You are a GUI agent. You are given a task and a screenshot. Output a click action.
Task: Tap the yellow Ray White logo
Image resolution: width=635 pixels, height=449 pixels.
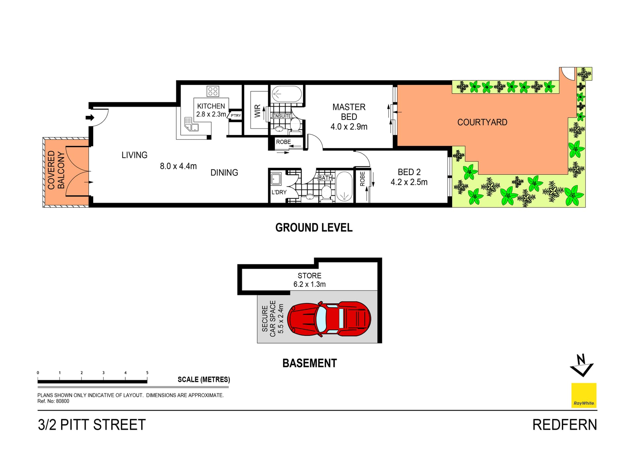pyautogui.click(x=584, y=395)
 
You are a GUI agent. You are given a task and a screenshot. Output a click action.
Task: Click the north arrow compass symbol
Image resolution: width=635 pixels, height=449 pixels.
pyautogui.click(x=582, y=366)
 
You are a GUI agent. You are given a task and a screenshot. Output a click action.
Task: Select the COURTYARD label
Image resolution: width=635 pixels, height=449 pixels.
pyautogui.click(x=482, y=122)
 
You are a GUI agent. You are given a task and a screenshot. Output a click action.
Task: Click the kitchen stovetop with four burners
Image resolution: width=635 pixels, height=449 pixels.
pyautogui.click(x=213, y=91)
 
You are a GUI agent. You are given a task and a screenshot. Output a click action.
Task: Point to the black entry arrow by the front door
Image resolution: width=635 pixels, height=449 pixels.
pyautogui.click(x=90, y=117)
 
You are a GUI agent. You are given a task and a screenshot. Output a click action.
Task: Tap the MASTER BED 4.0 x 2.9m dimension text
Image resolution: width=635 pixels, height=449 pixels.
pyautogui.click(x=349, y=127)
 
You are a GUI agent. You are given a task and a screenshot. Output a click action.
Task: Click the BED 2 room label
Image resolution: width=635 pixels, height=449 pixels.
pyautogui.click(x=409, y=172)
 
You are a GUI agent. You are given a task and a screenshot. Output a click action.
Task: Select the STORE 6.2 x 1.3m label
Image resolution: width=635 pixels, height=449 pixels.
pyautogui.click(x=310, y=280)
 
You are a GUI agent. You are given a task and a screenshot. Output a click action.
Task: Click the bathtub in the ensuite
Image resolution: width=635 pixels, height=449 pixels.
pyautogui.click(x=287, y=94)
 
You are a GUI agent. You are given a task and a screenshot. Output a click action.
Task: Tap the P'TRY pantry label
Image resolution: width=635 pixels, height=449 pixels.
pyautogui.click(x=236, y=115)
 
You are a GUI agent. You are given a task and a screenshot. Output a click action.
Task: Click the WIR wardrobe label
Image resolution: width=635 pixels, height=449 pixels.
pyautogui.click(x=257, y=111)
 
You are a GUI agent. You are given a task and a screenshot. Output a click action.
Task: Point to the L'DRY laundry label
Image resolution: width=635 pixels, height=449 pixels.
pyautogui.click(x=279, y=192)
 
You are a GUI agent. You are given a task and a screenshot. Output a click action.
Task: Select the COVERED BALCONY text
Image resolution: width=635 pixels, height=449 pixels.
pyautogui.click(x=56, y=170)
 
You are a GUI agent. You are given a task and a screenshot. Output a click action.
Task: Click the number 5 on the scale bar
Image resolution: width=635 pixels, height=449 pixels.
pyautogui.click(x=147, y=373)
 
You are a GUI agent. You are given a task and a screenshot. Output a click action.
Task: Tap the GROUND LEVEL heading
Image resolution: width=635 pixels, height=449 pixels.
pyautogui.click(x=314, y=228)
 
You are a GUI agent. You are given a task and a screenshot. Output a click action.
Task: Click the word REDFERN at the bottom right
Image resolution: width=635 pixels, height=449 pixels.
pyautogui.click(x=565, y=425)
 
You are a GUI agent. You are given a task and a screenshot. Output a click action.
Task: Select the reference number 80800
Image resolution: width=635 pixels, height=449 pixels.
pyautogui.click(x=63, y=401)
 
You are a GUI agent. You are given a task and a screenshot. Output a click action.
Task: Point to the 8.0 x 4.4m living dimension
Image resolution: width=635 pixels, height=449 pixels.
pyautogui.click(x=178, y=166)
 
